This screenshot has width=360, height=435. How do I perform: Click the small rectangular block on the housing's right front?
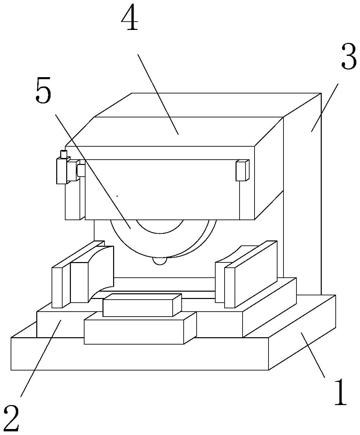[242, 171]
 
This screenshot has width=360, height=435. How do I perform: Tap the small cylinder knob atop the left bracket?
[63, 154]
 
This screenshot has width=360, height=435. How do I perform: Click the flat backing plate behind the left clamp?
[57, 286]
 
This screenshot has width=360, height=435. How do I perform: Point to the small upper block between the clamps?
[142, 305]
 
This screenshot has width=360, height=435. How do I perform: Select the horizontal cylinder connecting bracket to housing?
[81, 171]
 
